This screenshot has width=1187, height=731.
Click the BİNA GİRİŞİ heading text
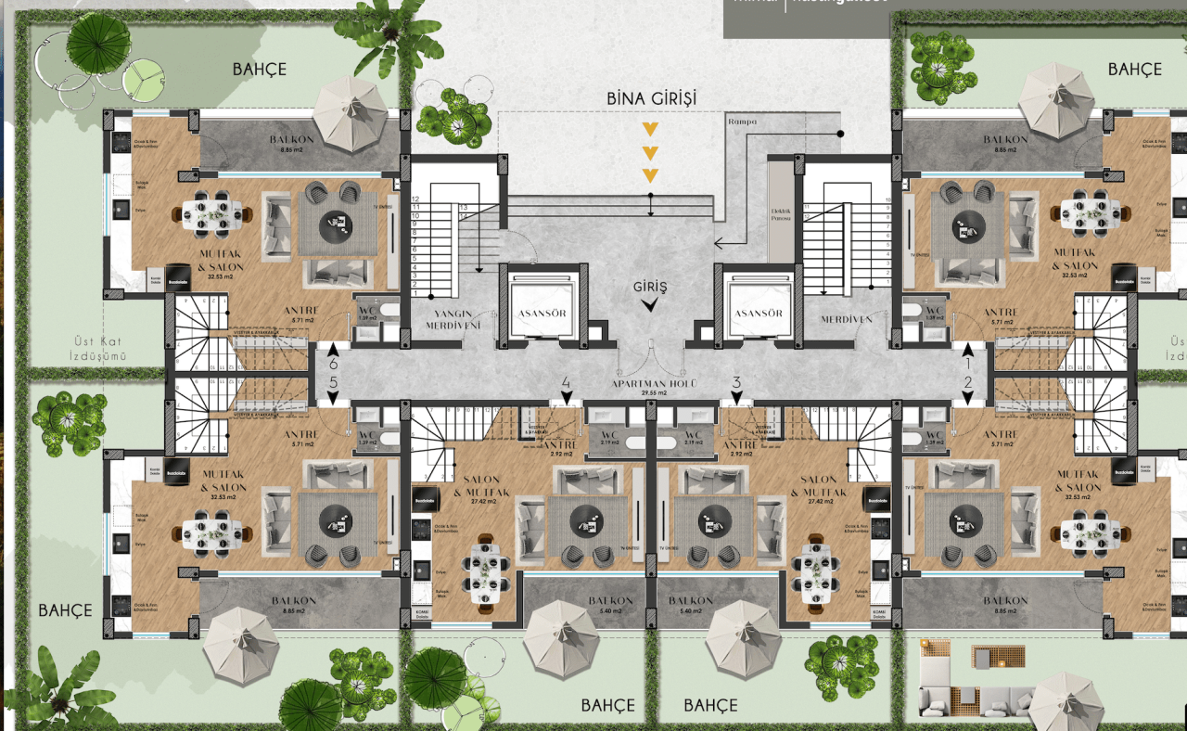pyautogui.click(x=651, y=98)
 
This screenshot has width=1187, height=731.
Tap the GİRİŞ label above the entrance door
pyautogui.click(x=650, y=287)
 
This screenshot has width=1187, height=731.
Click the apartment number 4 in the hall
pyautogui.click(x=566, y=382)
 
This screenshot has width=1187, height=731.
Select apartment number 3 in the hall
pyautogui.click(x=736, y=382)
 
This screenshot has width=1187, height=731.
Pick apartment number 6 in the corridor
pyautogui.click(x=333, y=365)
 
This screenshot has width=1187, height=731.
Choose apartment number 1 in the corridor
pyautogui.click(x=966, y=365)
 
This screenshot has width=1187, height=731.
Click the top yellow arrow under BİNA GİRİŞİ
pyautogui.click(x=651, y=129)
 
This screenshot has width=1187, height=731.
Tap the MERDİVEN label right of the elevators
pyautogui.click(x=847, y=319)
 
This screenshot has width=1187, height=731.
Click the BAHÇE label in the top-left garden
pyautogui.click(x=259, y=70)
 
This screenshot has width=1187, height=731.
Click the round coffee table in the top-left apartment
pyautogui.click(x=335, y=223)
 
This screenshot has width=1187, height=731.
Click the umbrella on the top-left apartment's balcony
pyautogui.click(x=350, y=112)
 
